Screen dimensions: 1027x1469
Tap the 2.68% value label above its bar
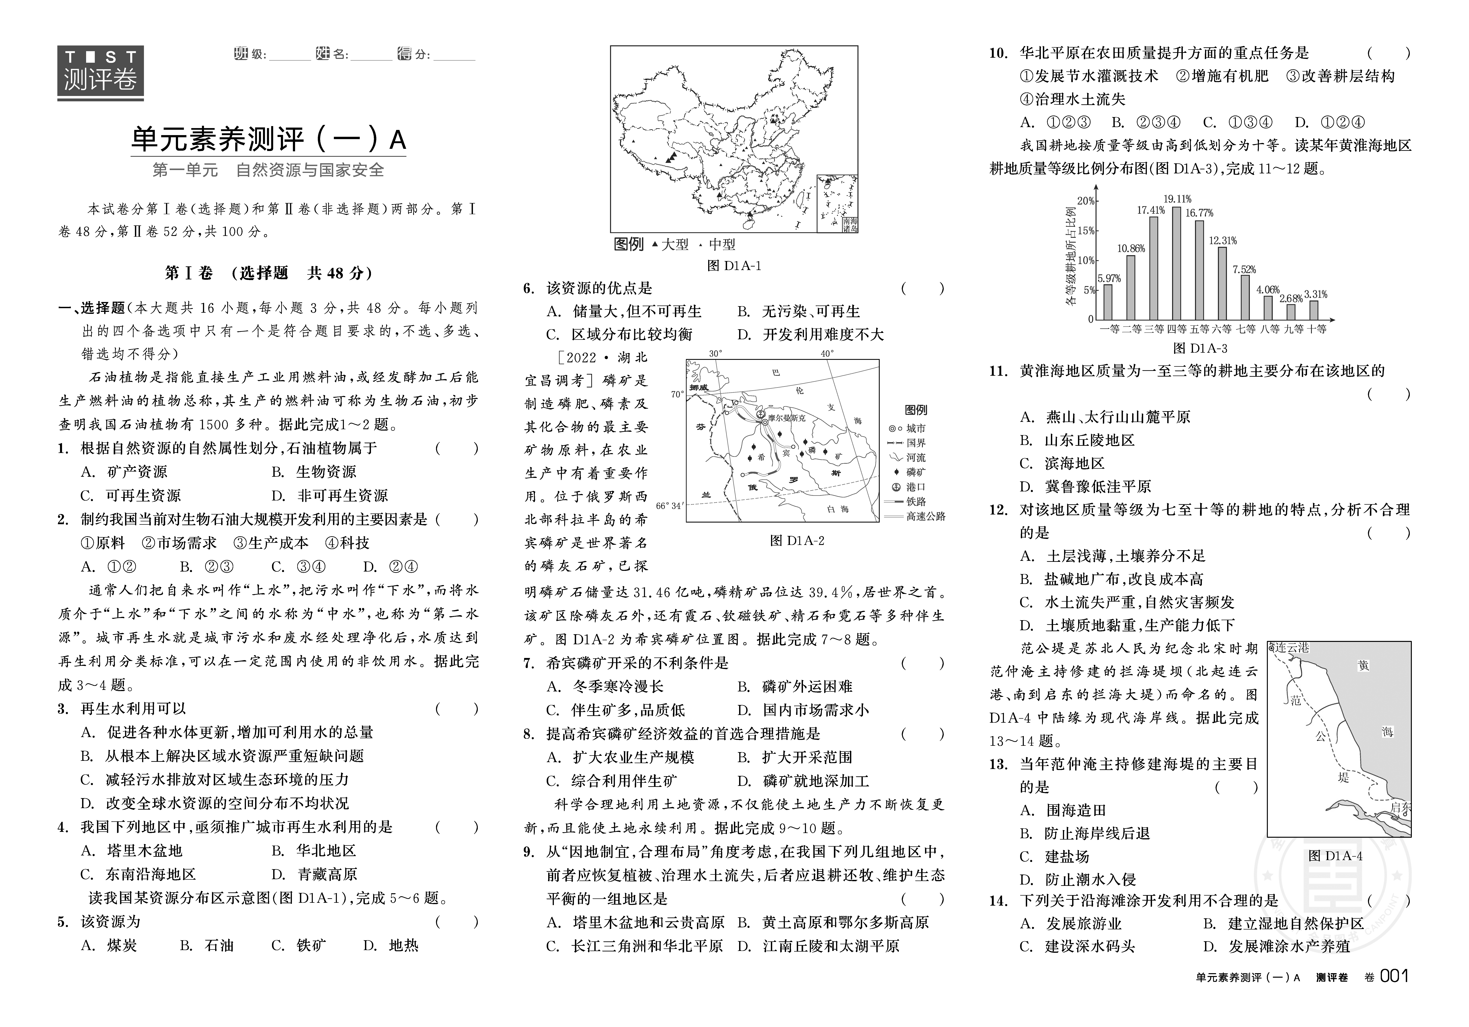(x=1290, y=298)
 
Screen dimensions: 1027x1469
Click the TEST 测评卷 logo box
(x=100, y=72)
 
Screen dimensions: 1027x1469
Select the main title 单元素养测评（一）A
(x=269, y=139)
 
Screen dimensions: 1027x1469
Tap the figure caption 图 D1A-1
(x=734, y=266)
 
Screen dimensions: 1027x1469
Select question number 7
(x=528, y=663)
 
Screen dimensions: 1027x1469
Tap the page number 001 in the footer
(x=1395, y=977)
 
